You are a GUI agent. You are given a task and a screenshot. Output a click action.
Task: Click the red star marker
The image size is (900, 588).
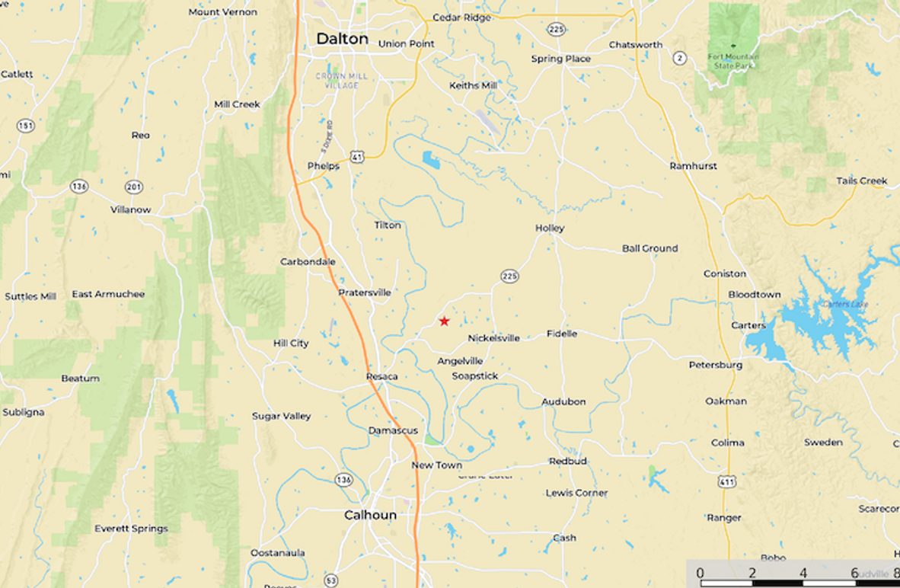tap(444, 321)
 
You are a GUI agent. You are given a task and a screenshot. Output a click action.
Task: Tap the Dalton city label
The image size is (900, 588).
tap(342, 39)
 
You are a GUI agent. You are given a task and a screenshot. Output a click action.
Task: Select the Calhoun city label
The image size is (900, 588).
tap(370, 516)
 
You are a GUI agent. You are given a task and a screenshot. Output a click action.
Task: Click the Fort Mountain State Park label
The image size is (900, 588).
tap(733, 61)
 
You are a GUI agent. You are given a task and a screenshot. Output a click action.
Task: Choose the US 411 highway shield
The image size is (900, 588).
tap(727, 481)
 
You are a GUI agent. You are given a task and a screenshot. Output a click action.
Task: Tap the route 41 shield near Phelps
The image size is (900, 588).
tap(356, 156)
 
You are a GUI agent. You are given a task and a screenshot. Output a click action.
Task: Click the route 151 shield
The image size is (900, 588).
tap(26, 126)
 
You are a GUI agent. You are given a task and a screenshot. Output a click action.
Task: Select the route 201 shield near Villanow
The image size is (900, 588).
tap(134, 187)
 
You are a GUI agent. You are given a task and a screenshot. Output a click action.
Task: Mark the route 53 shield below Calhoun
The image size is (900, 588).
tap(330, 581)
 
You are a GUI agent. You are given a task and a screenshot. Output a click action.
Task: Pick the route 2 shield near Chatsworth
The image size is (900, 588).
tap(679, 58)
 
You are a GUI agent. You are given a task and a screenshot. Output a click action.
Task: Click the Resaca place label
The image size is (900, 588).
tap(381, 376)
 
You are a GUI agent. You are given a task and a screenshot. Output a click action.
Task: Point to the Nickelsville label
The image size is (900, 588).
tap(493, 338)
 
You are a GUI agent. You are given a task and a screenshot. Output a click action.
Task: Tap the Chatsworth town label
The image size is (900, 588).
tap(635, 45)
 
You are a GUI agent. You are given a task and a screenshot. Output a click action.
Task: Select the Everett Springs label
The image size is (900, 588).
tap(131, 529)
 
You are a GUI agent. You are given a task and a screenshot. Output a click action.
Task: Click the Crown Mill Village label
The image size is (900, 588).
tap(342, 81)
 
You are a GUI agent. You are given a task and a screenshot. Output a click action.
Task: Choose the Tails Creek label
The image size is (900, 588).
tap(862, 181)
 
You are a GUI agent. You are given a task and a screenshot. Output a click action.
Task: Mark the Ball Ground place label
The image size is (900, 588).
tap(649, 248)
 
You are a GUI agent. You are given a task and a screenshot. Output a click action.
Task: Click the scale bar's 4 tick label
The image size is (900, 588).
tap(803, 573)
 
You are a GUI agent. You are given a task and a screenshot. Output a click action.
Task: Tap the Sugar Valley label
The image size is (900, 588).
tap(281, 416)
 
